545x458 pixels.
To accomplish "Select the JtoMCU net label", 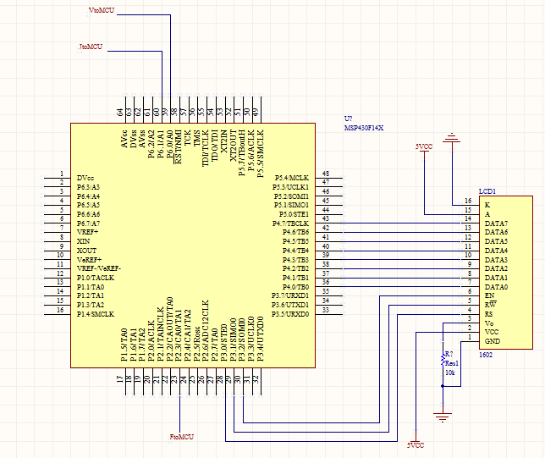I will pos(91,47).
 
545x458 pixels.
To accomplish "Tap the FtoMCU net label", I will pos(182,437).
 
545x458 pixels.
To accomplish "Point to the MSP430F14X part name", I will pos(364,128).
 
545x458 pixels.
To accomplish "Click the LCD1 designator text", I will pos(487,191).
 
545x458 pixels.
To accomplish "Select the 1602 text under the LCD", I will pos(486,355).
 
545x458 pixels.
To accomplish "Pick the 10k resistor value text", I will pos(450,372).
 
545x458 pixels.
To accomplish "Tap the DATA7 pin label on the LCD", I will pos(496,223).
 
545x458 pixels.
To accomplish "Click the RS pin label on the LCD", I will pos(488,314).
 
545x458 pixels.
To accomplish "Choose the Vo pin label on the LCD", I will pos(488,323).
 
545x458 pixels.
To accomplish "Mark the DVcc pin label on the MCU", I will pos(85,177).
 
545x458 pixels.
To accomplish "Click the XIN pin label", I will pos(84,241).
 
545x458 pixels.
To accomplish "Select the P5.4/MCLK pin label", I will pos(292,177).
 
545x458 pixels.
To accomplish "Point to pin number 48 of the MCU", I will pos(326,173).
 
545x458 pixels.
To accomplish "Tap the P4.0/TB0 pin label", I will pos(291,287).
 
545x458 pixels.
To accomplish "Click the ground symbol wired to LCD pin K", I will pos(453,139).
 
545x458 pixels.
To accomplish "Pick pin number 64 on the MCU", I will pos(120,112).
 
